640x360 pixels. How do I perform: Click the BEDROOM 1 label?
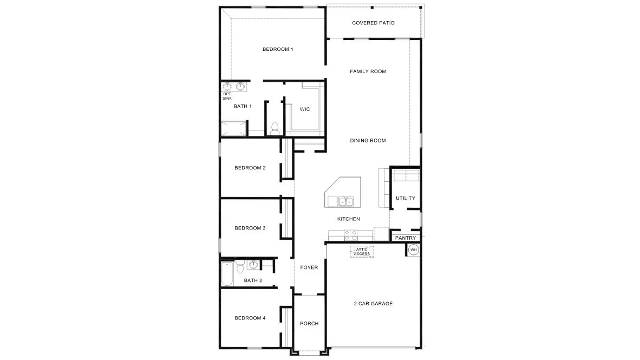pyautogui.click(x=278, y=49)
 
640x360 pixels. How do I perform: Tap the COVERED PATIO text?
pyautogui.click(x=373, y=23)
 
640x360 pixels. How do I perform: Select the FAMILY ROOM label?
pyautogui.click(x=368, y=71)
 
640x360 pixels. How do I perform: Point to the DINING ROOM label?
pyautogui.click(x=368, y=141)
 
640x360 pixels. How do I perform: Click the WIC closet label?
pyautogui.click(x=305, y=109)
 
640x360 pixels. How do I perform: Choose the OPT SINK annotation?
pyautogui.click(x=227, y=96)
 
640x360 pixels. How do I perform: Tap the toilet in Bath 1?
pyautogui.click(x=275, y=128)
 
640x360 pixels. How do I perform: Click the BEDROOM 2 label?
pyautogui.click(x=250, y=168)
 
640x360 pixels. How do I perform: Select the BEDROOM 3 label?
pyautogui.click(x=250, y=228)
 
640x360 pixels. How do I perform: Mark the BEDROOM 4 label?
pyautogui.click(x=250, y=318)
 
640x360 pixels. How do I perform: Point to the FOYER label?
pyautogui.click(x=309, y=267)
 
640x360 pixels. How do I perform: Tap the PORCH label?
pyautogui.click(x=309, y=324)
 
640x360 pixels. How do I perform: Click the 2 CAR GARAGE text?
pyautogui.click(x=373, y=304)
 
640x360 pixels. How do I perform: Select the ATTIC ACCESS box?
pyautogui.click(x=361, y=252)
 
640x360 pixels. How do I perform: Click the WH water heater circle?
pyautogui.click(x=414, y=250)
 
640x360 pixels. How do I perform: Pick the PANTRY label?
pyautogui.click(x=406, y=238)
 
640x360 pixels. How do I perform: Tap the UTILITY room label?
pyautogui.click(x=406, y=198)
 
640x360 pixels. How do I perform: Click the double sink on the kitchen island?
pyautogui.click(x=345, y=202)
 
